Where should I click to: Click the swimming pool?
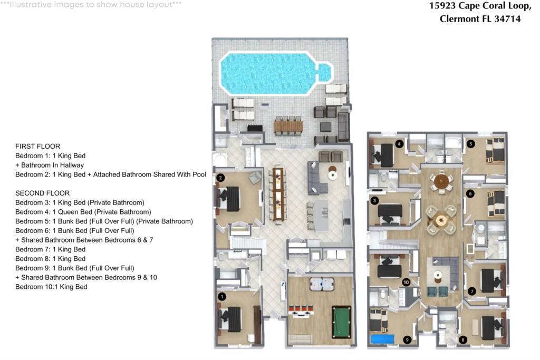point(275,73)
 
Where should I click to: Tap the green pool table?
point(342,322)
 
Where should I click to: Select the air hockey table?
point(322,284)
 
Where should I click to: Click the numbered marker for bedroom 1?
point(222,296)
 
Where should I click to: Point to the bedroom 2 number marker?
point(220,178)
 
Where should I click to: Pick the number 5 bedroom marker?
point(470,144)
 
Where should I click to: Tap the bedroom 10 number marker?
point(407,282)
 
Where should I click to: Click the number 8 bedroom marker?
point(463,340)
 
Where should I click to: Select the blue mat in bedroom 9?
point(382,339)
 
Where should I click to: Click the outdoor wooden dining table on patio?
point(288,127)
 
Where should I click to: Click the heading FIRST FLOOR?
point(38,147)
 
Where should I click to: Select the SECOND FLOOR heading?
point(42,193)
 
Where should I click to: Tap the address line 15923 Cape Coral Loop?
point(480,6)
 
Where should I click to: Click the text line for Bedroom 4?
point(83,212)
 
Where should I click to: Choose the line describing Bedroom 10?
point(51,287)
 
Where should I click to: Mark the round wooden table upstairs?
point(441,180)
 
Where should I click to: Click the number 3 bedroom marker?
point(374,200)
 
